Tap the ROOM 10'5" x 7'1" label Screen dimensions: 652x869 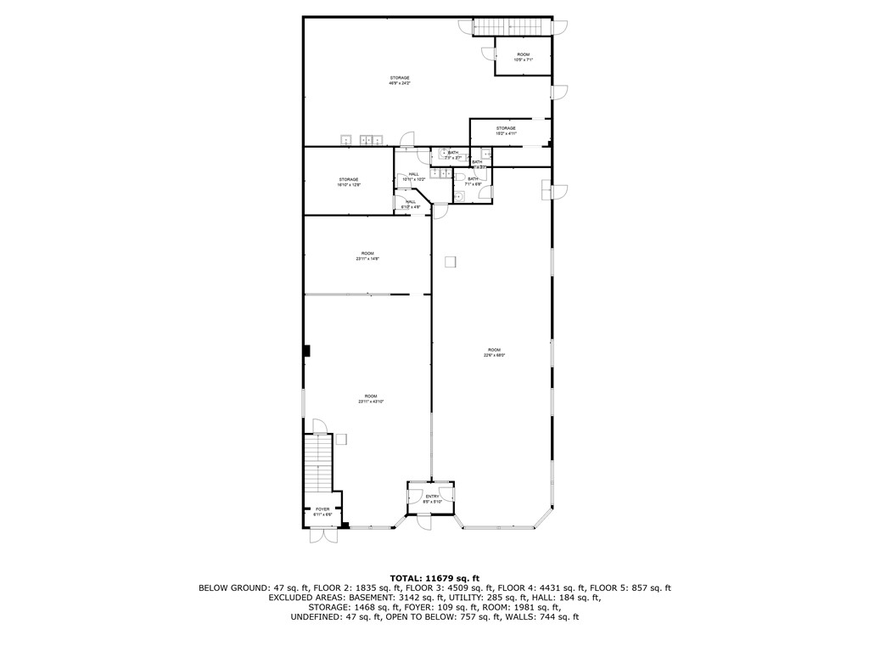pyautogui.click(x=523, y=57)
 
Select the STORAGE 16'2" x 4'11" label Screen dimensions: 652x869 pyautogui.click(x=506, y=131)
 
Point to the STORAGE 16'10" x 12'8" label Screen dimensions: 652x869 pyautogui.click(x=349, y=182)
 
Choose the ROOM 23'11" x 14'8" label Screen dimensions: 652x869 pyautogui.click(x=367, y=256)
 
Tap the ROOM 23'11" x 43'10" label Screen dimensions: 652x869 pyautogui.click(x=371, y=399)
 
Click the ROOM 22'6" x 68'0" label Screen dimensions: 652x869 pyautogui.click(x=494, y=352)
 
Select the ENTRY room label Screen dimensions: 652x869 pyautogui.click(x=432, y=498)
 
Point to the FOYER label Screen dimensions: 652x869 pyautogui.click(x=322, y=512)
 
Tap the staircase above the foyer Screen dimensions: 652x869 pyautogui.click(x=317, y=463)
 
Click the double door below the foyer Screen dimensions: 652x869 pyautogui.click(x=323, y=537)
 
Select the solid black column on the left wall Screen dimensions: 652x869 pyautogui.click(x=308, y=350)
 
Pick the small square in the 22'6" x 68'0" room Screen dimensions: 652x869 pyautogui.click(x=451, y=261)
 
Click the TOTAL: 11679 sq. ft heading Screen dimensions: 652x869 pyautogui.click(x=434, y=576)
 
